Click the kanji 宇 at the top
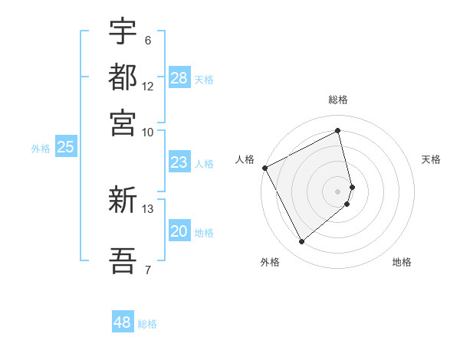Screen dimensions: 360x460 (123, 32)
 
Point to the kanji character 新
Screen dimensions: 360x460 (123, 201)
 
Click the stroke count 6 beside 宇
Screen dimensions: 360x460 (147, 40)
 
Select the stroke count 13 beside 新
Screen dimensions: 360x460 (148, 208)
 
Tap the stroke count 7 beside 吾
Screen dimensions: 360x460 (147, 269)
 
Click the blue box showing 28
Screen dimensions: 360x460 (179, 78)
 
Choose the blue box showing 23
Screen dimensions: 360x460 (179, 162)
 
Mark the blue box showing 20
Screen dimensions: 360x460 (179, 231)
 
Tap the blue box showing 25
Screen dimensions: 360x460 (65, 147)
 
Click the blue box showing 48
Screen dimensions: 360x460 (123, 322)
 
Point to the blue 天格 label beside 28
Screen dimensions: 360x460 (204, 79)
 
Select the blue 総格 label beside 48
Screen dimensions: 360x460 (147, 324)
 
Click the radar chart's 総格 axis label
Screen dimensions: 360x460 (338, 100)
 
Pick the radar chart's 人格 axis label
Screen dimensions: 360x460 (245, 159)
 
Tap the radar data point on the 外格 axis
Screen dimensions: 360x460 (301, 242)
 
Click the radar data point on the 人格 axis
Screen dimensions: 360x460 (264, 168)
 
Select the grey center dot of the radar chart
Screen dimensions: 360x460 (338, 191)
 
